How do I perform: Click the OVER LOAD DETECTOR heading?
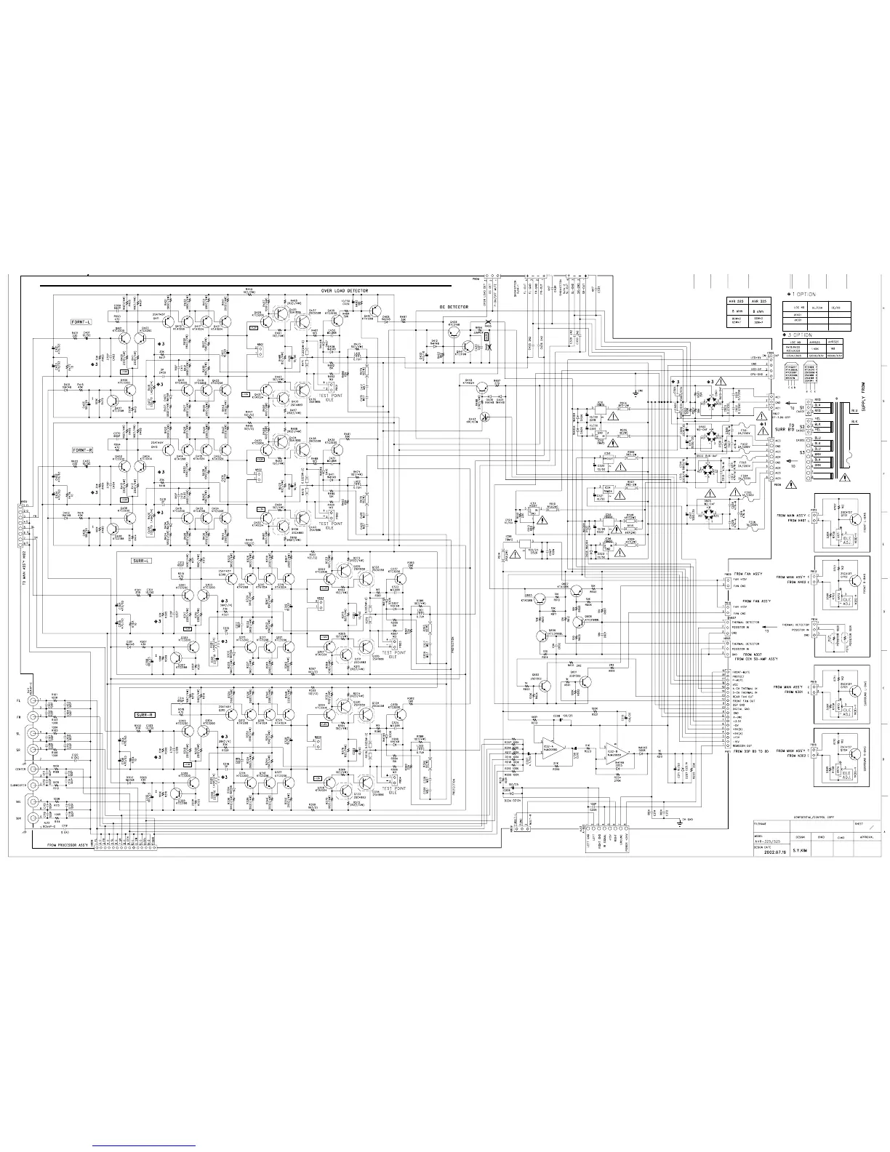click(x=344, y=291)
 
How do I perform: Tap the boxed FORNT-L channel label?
click(x=82, y=321)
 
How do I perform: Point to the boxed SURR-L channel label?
click(x=140, y=561)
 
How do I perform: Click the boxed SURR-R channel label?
click(x=145, y=714)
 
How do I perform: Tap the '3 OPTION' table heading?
click(x=803, y=335)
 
